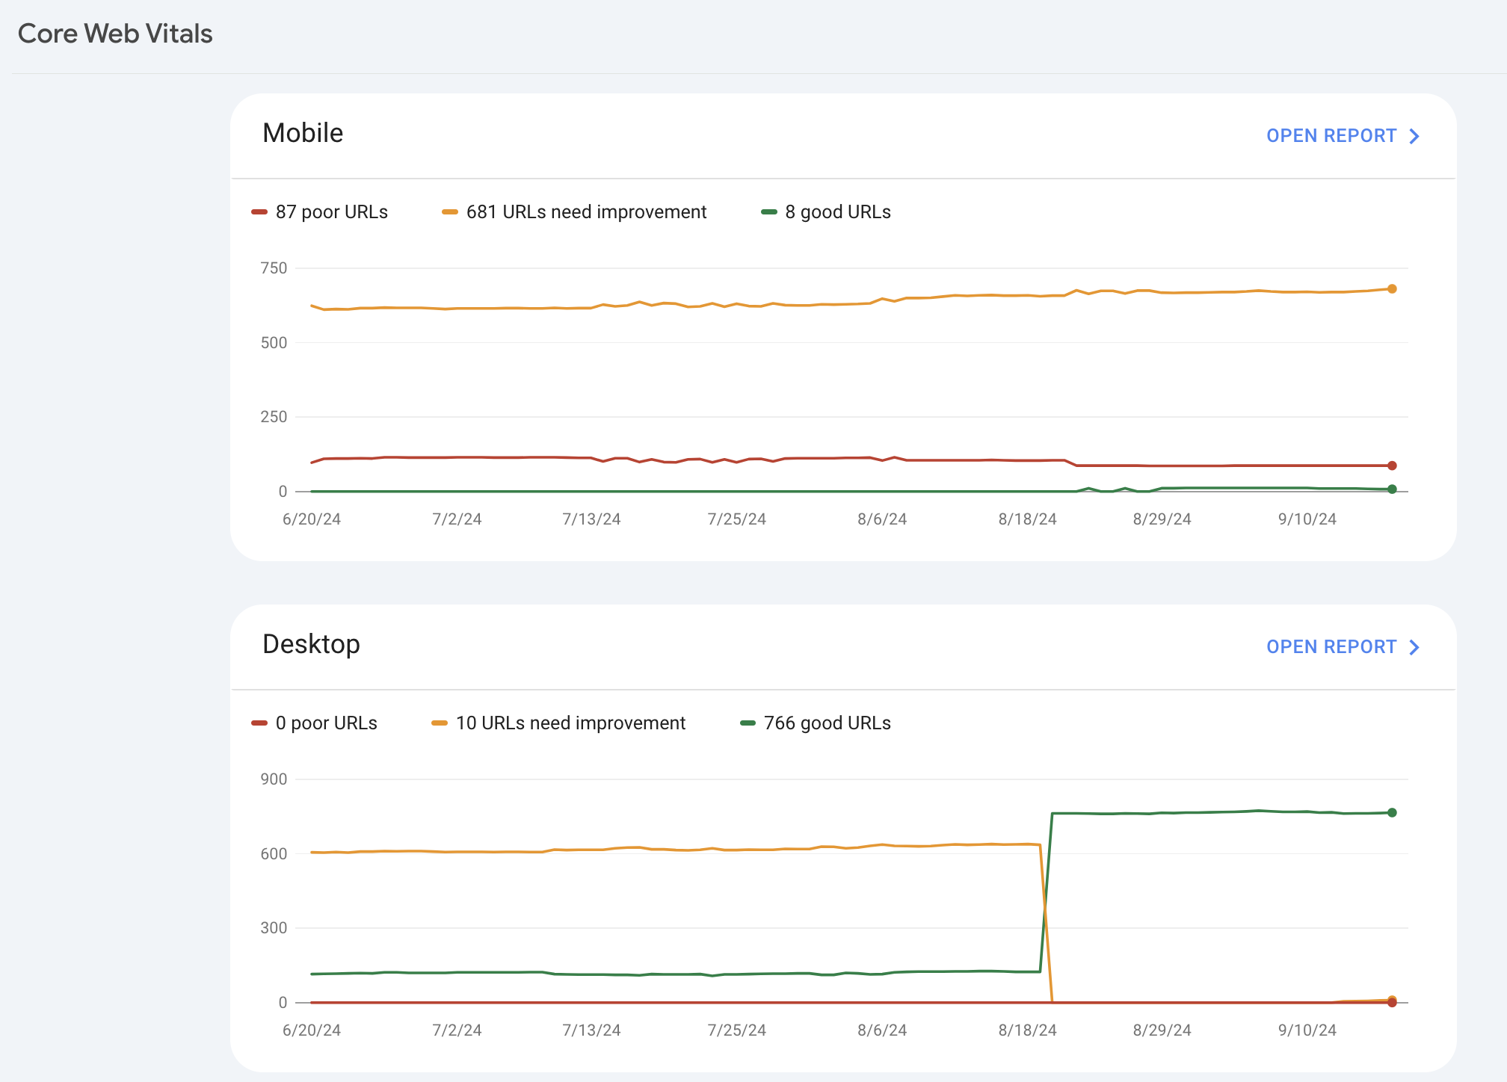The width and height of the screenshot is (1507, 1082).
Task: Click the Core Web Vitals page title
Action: point(115,34)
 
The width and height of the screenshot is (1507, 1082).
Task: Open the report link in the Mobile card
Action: point(1342,136)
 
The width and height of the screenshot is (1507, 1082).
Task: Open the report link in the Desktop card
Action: point(1342,647)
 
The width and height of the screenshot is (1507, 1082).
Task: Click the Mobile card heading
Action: point(303,133)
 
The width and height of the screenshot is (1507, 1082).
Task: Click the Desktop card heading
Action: point(311,644)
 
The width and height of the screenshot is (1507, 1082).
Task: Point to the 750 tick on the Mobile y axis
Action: point(274,268)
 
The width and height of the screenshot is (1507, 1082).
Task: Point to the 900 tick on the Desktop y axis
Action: point(274,779)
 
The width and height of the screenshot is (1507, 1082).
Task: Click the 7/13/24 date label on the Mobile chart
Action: point(591,519)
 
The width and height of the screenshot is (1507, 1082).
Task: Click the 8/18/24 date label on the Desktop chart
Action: point(1027,1030)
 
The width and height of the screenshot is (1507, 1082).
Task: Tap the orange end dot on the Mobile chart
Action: point(1392,289)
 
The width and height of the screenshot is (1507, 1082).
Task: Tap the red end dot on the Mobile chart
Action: point(1392,466)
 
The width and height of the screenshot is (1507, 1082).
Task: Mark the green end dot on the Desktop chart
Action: point(1392,813)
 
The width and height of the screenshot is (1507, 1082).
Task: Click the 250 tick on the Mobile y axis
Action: point(274,417)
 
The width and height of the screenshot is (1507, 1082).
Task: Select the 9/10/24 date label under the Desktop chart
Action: point(1307,1030)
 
